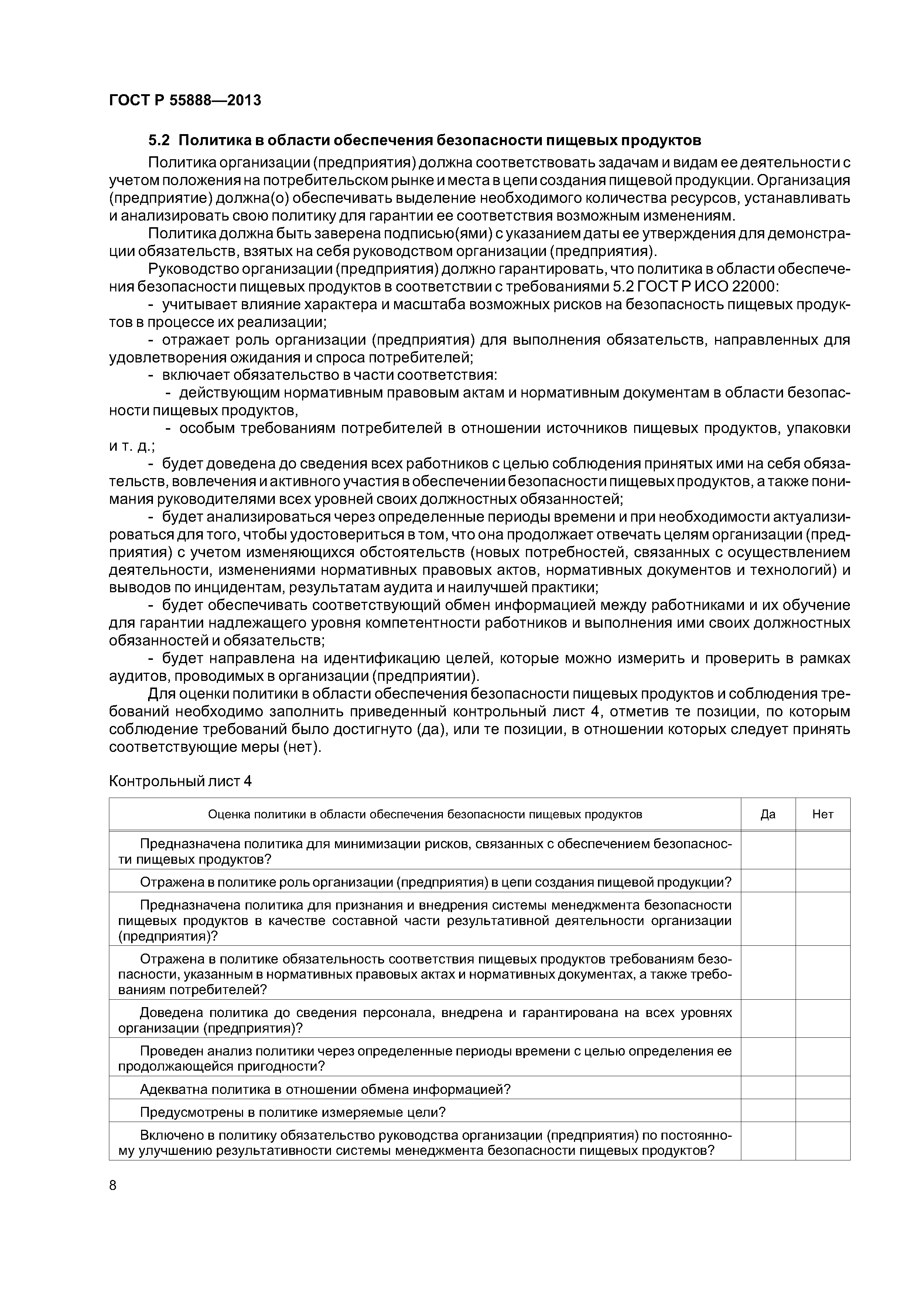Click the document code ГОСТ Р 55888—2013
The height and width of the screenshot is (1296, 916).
[x=185, y=100]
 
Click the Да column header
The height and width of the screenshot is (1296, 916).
[x=768, y=814]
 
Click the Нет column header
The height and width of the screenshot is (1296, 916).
[x=822, y=814]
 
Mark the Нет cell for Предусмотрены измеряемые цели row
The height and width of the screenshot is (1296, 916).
[x=822, y=1112]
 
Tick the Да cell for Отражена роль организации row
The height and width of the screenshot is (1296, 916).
[x=768, y=882]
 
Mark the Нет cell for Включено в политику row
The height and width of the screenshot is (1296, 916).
[x=822, y=1142]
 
